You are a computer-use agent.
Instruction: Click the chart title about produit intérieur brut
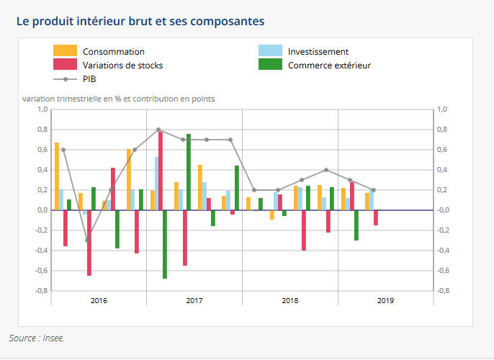[x=140, y=21]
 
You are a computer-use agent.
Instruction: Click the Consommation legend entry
[x=113, y=52]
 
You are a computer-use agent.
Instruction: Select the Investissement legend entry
[x=318, y=52]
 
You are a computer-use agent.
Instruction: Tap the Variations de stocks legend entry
[x=122, y=65]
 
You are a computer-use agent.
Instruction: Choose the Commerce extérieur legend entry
[x=329, y=65]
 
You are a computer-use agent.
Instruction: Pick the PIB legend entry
[x=89, y=78]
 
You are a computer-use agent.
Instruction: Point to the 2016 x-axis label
[x=99, y=300]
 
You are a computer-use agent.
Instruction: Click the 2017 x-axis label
[x=194, y=300]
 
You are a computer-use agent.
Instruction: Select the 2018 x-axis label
[x=289, y=300]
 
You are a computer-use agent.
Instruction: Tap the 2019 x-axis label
[x=385, y=300]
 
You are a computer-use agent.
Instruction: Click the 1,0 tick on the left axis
[x=42, y=109]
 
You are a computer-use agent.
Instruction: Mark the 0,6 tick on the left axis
[x=42, y=150]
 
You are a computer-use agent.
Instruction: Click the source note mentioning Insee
[x=37, y=337]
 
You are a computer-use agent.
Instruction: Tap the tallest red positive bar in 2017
[x=160, y=171]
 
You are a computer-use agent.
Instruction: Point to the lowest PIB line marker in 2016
[x=87, y=240]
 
